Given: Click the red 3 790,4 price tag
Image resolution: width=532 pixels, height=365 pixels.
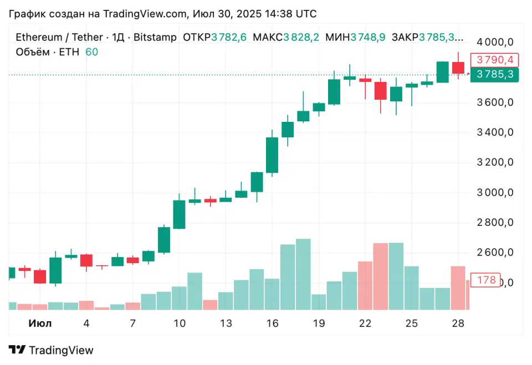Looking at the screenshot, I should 494,60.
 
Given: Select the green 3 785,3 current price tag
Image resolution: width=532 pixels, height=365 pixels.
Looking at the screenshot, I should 494,74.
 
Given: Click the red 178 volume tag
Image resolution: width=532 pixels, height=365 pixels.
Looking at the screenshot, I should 486,280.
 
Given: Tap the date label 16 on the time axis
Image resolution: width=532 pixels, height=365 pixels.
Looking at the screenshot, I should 272,323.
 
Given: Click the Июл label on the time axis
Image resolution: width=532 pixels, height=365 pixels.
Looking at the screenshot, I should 40,323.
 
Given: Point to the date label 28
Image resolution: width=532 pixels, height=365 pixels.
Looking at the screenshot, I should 457,323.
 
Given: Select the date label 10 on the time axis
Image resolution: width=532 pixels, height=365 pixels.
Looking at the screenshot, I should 180,323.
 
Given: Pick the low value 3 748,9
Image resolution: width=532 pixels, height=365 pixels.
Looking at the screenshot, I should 369,38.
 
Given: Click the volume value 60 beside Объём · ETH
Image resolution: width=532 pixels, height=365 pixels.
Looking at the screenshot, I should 91,52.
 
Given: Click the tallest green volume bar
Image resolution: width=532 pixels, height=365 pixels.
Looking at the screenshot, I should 303,274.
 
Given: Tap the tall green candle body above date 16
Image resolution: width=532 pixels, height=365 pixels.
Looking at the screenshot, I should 272,155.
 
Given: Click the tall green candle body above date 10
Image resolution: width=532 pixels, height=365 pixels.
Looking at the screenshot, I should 179,214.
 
